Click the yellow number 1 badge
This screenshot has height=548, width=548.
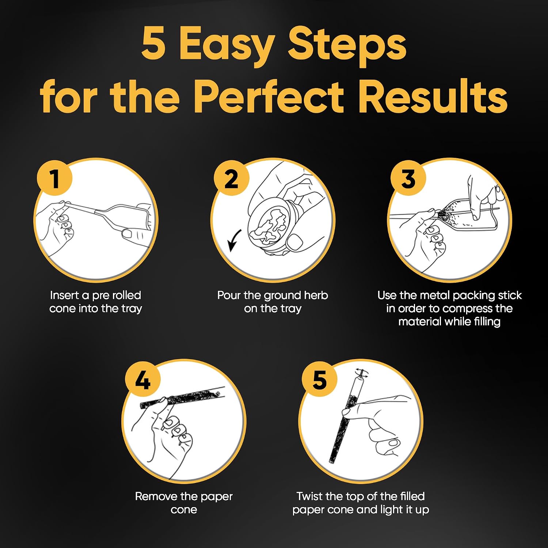point(55,179)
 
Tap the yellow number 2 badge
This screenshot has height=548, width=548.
point(231,179)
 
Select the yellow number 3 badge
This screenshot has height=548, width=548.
point(408,179)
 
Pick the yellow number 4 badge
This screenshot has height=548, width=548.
point(143,380)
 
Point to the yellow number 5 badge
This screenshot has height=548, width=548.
point(320,380)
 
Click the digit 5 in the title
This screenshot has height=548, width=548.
point(153,43)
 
